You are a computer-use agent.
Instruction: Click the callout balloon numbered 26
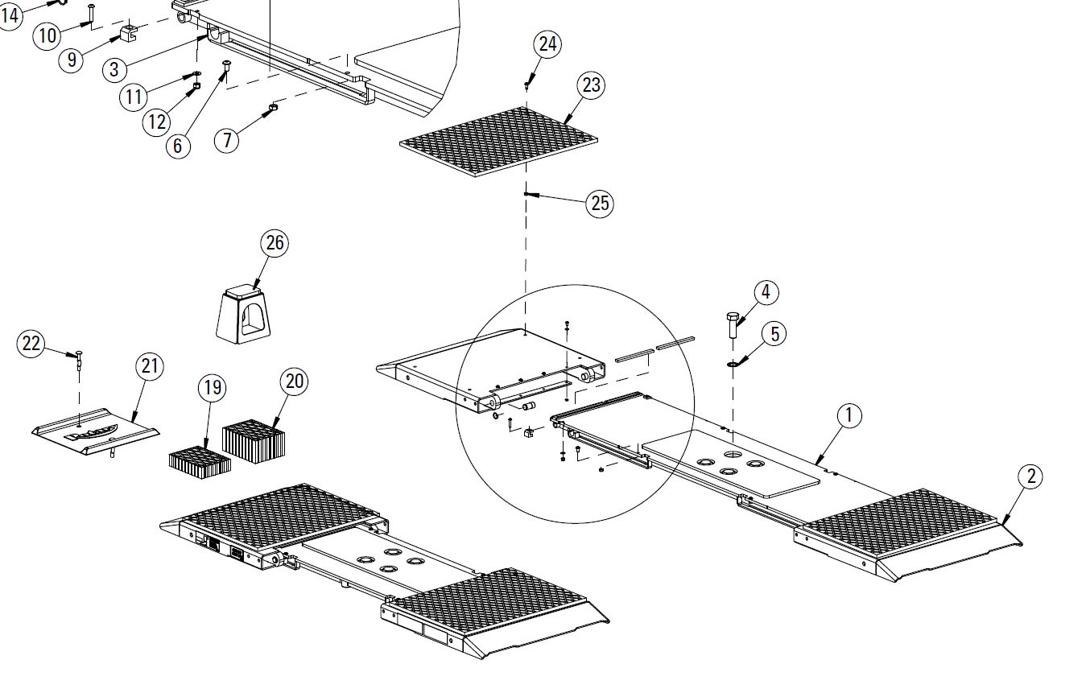click(x=275, y=243)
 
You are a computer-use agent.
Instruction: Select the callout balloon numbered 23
click(x=591, y=85)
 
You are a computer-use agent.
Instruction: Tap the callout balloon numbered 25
click(x=600, y=204)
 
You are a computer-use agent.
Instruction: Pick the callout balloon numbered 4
click(x=766, y=292)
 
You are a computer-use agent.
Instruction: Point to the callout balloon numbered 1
click(x=849, y=416)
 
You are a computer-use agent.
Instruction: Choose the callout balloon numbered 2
click(x=1030, y=476)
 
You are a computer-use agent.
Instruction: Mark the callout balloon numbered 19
click(x=213, y=388)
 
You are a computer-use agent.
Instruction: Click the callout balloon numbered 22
click(x=31, y=344)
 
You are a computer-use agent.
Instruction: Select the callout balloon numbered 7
click(x=227, y=141)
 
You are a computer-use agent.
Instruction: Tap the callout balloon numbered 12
click(x=157, y=122)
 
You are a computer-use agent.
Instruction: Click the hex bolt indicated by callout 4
click(x=733, y=326)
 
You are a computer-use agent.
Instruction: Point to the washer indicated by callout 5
click(x=732, y=364)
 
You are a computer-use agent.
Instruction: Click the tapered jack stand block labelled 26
click(x=243, y=315)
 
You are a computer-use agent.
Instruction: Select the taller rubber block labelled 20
click(x=254, y=441)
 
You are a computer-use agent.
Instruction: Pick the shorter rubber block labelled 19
click(x=200, y=463)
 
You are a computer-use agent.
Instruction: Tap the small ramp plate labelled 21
click(x=96, y=431)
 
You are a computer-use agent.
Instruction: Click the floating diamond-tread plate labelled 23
click(x=498, y=142)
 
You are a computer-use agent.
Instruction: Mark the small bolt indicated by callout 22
click(x=79, y=360)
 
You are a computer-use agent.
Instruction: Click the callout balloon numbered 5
click(x=774, y=334)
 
